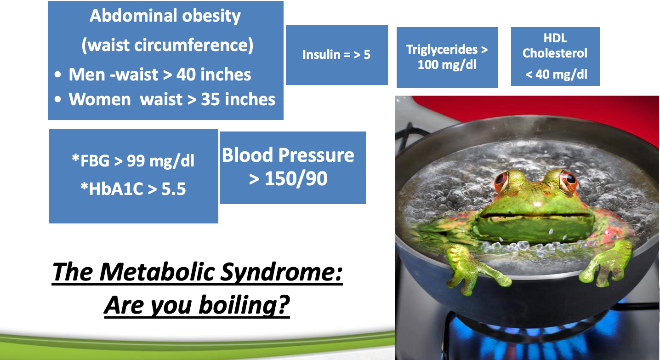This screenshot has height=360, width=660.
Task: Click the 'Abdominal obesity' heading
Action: click(x=165, y=16)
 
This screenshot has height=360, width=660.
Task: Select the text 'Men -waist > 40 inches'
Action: click(x=159, y=74)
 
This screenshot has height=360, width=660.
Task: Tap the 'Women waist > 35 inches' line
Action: click(x=172, y=99)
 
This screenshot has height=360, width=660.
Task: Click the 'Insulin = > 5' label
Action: click(x=336, y=55)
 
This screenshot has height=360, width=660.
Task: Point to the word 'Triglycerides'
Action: click(x=442, y=50)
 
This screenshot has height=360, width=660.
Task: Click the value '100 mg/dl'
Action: click(x=447, y=64)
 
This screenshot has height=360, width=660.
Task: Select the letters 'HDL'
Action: click(x=555, y=38)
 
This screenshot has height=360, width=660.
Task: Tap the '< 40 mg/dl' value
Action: click(x=557, y=74)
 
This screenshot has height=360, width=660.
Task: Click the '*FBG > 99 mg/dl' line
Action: click(x=133, y=161)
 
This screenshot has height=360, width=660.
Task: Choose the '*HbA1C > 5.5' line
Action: click(x=133, y=189)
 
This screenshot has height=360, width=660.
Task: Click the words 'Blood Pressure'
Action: click(x=288, y=155)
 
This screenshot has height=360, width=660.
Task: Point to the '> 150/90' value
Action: click(x=288, y=179)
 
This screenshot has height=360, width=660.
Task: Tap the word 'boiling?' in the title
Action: click(x=244, y=305)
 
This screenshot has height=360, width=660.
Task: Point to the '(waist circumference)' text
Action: click(x=167, y=45)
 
